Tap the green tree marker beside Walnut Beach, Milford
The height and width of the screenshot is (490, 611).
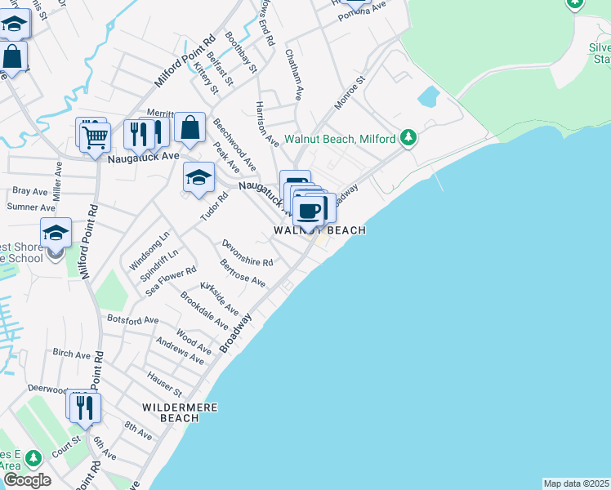pyautogui.click(x=409, y=136)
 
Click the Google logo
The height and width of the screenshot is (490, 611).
pyautogui.click(x=26, y=480)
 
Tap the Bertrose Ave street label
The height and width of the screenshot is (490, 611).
pyautogui.click(x=242, y=273)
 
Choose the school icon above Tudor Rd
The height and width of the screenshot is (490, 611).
pyautogui.click(x=198, y=177)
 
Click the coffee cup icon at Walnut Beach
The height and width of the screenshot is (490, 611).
pyautogui.click(x=309, y=211)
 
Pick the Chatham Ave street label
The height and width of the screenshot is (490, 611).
pyautogui.click(x=294, y=73)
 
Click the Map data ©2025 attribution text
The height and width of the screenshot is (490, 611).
pyautogui.click(x=576, y=483)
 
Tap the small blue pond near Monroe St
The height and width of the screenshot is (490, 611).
pyautogui.click(x=428, y=97)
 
